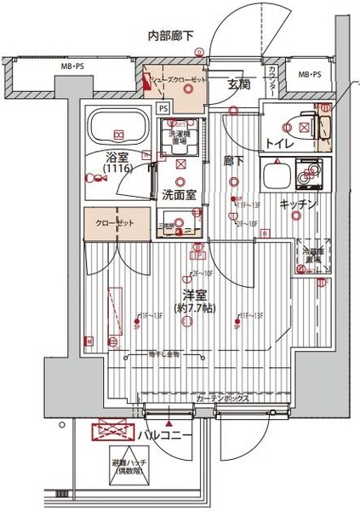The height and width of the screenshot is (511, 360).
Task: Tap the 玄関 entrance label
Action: [237, 83]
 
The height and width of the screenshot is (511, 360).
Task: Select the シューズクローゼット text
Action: [178, 80]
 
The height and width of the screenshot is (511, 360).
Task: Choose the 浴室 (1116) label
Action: [118, 163]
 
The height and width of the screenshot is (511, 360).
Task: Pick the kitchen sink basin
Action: [278, 177]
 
